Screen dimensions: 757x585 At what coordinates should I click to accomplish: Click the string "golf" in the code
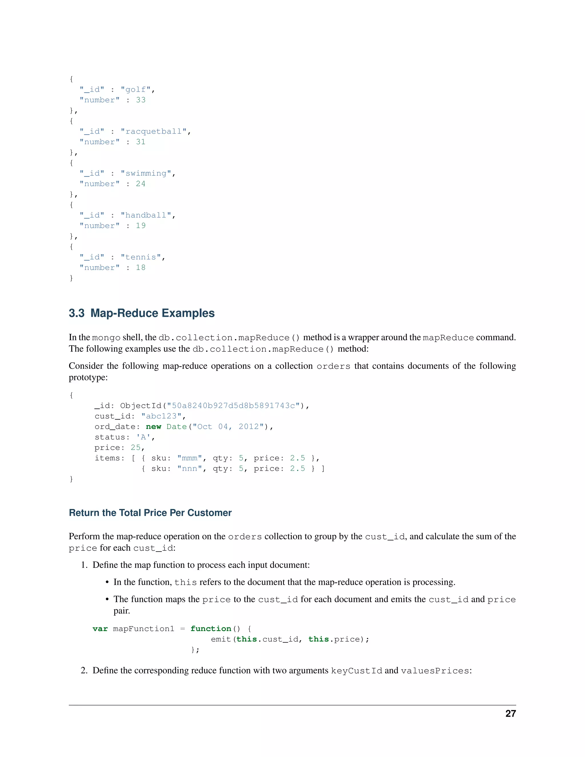135,90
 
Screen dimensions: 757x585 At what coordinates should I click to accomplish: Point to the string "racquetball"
153,132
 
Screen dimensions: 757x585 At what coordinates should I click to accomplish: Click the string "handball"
146,215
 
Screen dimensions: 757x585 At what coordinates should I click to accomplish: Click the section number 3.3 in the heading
77,313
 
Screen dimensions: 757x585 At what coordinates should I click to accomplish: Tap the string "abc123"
161,416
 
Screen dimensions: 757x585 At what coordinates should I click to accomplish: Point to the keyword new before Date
153,427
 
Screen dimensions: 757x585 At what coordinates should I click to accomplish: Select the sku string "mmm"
190,458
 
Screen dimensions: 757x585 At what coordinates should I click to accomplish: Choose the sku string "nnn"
190,468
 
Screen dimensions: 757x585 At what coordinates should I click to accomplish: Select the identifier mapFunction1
143,629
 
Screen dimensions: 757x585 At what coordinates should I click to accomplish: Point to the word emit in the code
221,639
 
